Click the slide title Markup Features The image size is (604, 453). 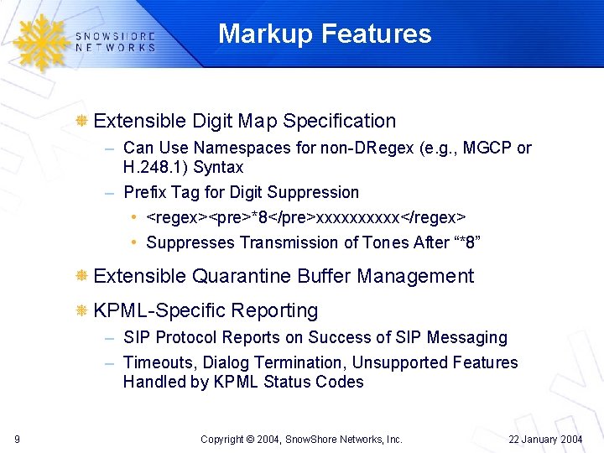(325, 34)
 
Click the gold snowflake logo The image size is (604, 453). (39, 42)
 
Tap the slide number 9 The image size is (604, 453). (18, 439)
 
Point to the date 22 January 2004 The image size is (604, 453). (545, 439)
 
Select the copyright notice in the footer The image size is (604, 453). (302, 439)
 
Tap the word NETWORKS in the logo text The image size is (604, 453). (115, 48)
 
